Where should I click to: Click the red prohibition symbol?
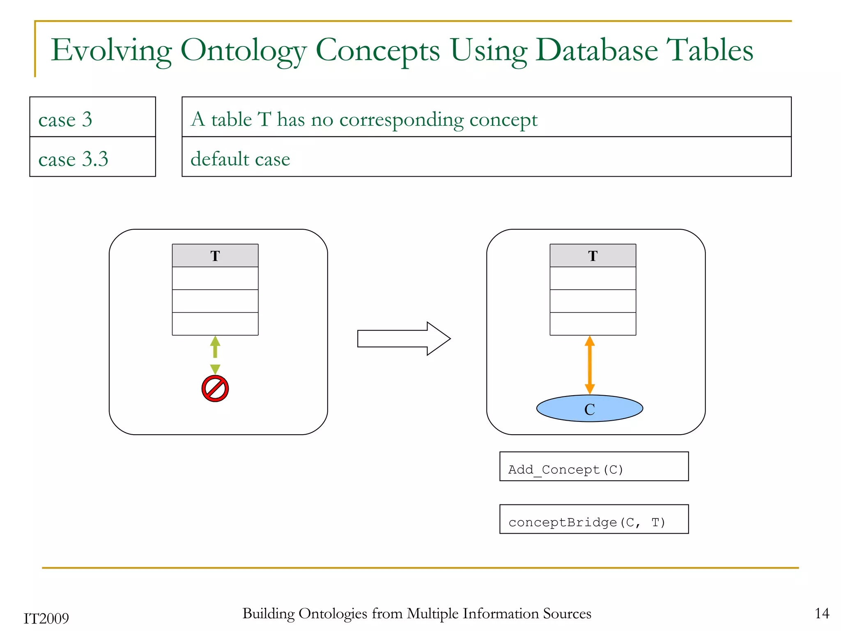[215, 388]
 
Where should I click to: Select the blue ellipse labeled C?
[589, 408]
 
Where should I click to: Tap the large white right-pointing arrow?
[404, 339]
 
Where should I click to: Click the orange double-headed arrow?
[590, 365]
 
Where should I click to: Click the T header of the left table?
[215, 256]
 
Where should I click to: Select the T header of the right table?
[593, 256]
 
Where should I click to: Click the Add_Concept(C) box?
[593, 466]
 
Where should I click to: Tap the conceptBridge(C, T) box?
[593, 519]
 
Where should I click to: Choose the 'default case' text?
[240, 159]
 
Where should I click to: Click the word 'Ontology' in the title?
[243, 51]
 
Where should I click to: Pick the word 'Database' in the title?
[596, 50]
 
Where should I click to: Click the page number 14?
[822, 613]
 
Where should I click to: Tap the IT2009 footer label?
[46, 618]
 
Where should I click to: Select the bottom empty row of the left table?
[215, 324]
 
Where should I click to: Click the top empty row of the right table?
[593, 278]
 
